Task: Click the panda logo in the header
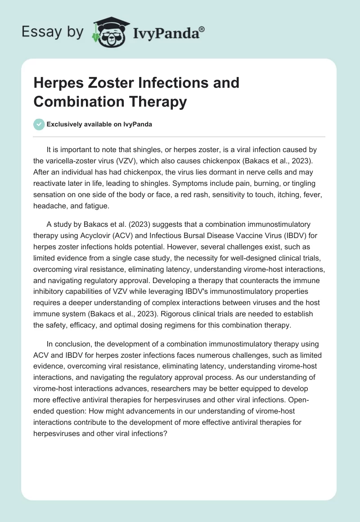tap(109, 31)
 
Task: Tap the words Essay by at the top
tap(52, 32)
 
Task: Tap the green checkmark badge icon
tap(39, 124)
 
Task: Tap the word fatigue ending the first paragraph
tap(98, 206)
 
